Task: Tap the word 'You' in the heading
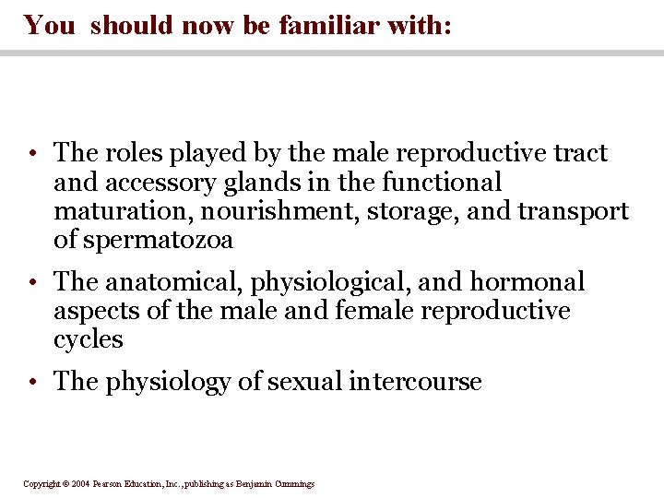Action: click(50, 25)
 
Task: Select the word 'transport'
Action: click(573, 211)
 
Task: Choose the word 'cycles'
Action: click(89, 339)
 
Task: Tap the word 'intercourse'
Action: click(415, 382)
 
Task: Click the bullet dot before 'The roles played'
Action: click(32, 154)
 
